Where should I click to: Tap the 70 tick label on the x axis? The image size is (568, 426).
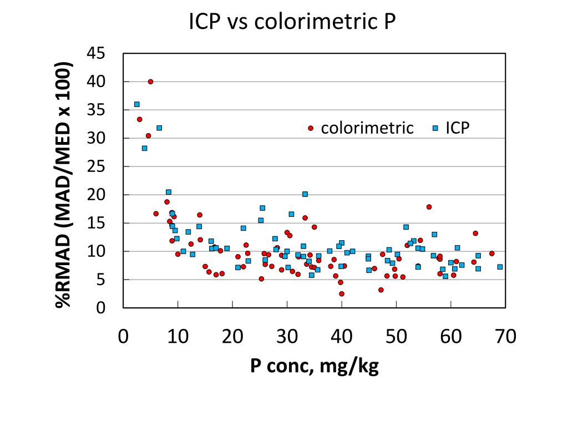point(505,337)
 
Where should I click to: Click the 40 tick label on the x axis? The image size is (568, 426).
point(341,337)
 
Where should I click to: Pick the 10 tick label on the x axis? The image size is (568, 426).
point(177,337)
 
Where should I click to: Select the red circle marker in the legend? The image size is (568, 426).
point(311,128)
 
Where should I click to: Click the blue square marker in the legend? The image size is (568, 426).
point(435,128)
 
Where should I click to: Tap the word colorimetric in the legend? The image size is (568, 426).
point(367,128)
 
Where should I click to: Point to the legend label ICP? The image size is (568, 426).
point(458,128)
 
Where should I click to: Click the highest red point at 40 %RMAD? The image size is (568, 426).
point(150,82)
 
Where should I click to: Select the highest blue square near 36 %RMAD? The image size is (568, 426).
point(136,104)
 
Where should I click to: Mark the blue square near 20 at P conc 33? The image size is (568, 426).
point(305,194)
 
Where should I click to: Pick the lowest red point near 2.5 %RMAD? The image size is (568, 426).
point(342,293)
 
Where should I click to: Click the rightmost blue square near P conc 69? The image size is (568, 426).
point(500,267)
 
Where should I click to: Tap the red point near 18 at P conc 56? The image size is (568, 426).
point(429,207)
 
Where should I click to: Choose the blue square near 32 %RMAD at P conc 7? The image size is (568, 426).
point(159,128)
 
